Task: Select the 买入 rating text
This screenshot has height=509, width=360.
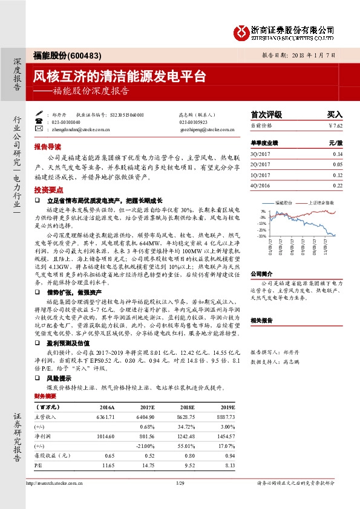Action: click(x=335, y=114)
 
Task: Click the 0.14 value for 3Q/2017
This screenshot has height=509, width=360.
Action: click(x=337, y=155)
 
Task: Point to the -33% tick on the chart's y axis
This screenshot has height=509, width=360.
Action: click(x=262, y=236)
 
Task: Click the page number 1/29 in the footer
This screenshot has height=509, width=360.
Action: click(x=179, y=483)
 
